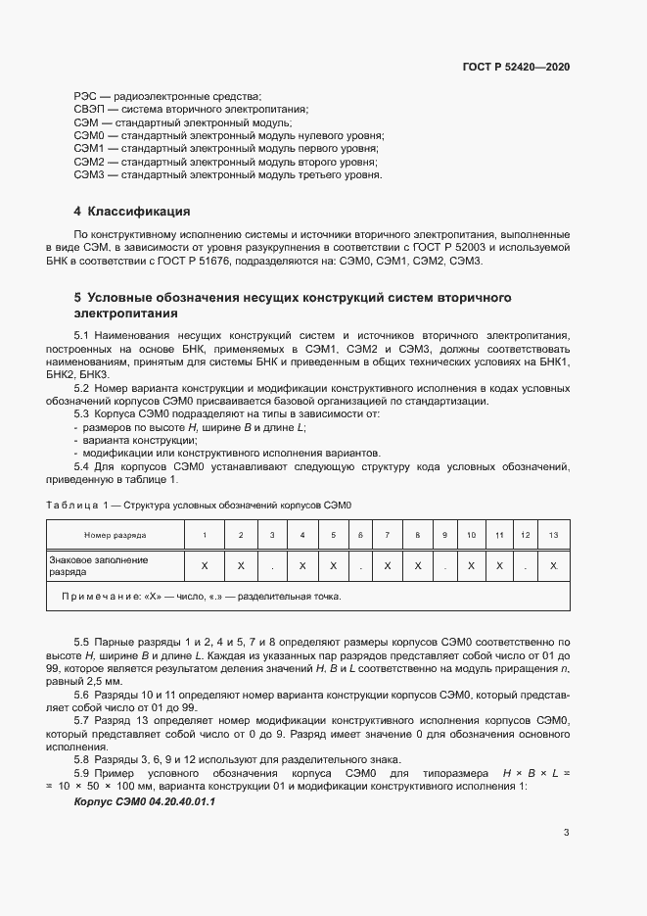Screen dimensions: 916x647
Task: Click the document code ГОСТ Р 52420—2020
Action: [x=516, y=67]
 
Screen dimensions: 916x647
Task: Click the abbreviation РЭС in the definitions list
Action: [x=85, y=96]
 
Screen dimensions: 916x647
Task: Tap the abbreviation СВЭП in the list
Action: [x=89, y=110]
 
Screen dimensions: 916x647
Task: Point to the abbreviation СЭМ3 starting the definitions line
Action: [x=89, y=174]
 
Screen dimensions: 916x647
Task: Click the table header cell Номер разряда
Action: [x=116, y=535]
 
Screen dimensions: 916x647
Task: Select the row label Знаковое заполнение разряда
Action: [x=99, y=564]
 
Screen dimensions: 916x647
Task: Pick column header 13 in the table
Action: [x=554, y=535]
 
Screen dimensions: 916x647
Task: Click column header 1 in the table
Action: [x=204, y=535]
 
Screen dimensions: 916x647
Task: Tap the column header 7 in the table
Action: [x=388, y=535]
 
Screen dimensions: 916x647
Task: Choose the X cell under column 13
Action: [x=554, y=565]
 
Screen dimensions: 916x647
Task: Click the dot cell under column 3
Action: [x=272, y=565]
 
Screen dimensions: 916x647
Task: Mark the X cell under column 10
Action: [x=471, y=565]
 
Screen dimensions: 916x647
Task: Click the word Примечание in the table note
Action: [x=101, y=596]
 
